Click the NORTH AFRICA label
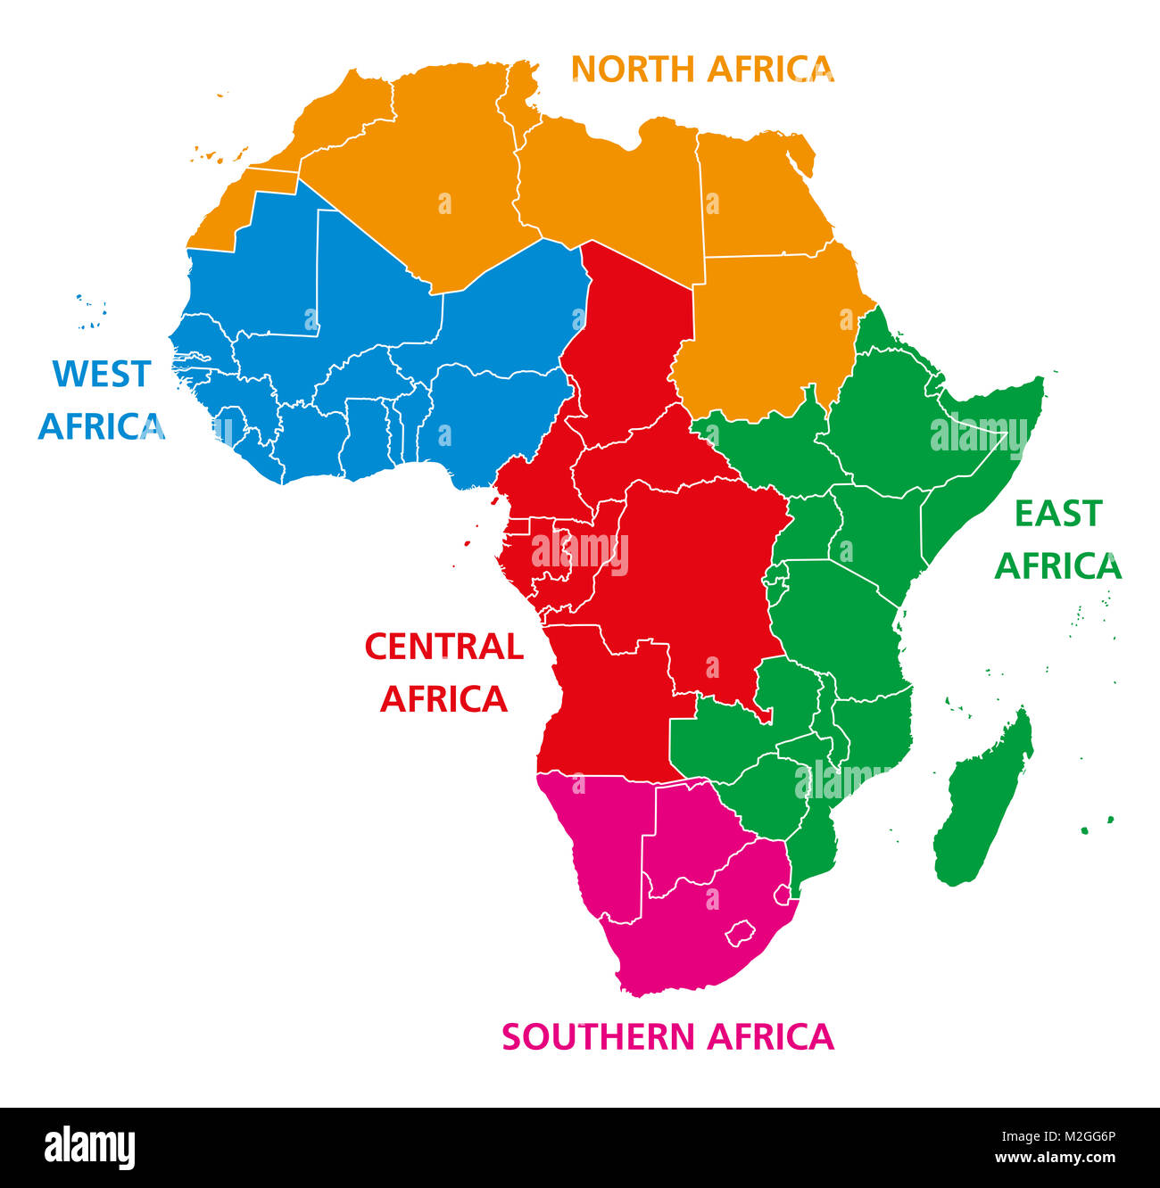[x=702, y=69]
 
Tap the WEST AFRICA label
[x=101, y=400]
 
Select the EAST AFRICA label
[x=1057, y=540]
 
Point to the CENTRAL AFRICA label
[x=443, y=672]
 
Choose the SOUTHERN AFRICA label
[x=667, y=1036]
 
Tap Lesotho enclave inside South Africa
[x=740, y=934]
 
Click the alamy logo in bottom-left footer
[x=90, y=1147]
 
